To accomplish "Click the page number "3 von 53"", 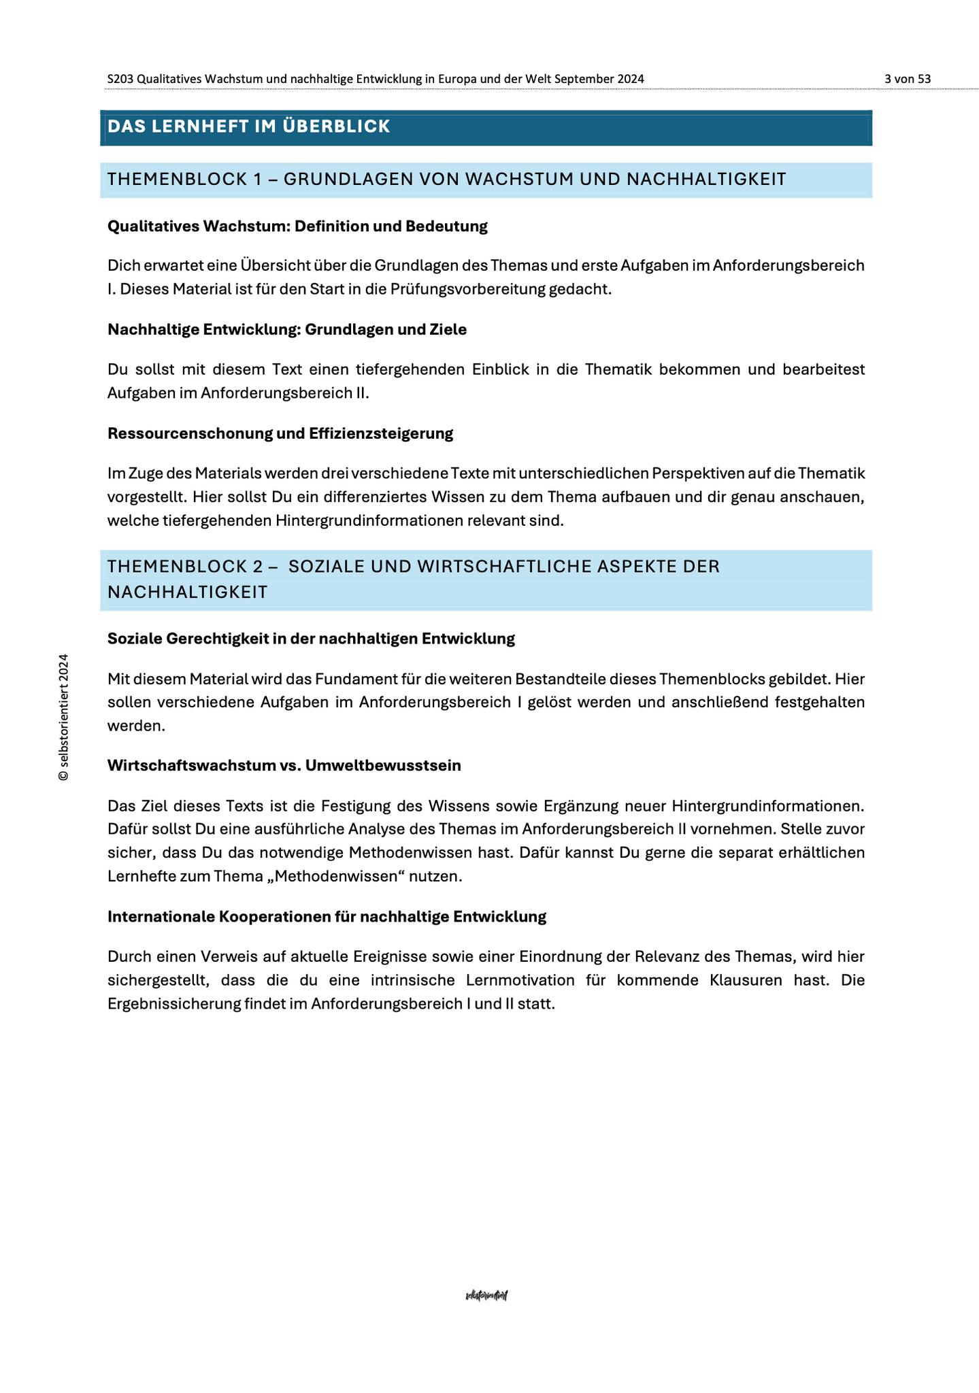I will (x=907, y=79).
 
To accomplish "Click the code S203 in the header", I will (x=120, y=79).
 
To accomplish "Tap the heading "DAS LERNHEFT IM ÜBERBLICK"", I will (x=249, y=127).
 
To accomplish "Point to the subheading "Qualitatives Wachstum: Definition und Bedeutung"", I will (x=297, y=226).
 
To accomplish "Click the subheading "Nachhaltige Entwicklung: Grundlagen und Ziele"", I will (x=287, y=330).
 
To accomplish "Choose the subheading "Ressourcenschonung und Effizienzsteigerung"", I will (x=280, y=433).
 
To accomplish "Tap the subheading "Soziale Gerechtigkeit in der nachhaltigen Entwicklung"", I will (x=311, y=639).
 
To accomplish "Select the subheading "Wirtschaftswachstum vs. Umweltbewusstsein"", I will (x=284, y=766).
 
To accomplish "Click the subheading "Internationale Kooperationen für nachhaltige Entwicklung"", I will (x=327, y=917).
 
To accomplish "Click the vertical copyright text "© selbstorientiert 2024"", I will (x=64, y=717).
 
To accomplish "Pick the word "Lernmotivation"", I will (x=530, y=980).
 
